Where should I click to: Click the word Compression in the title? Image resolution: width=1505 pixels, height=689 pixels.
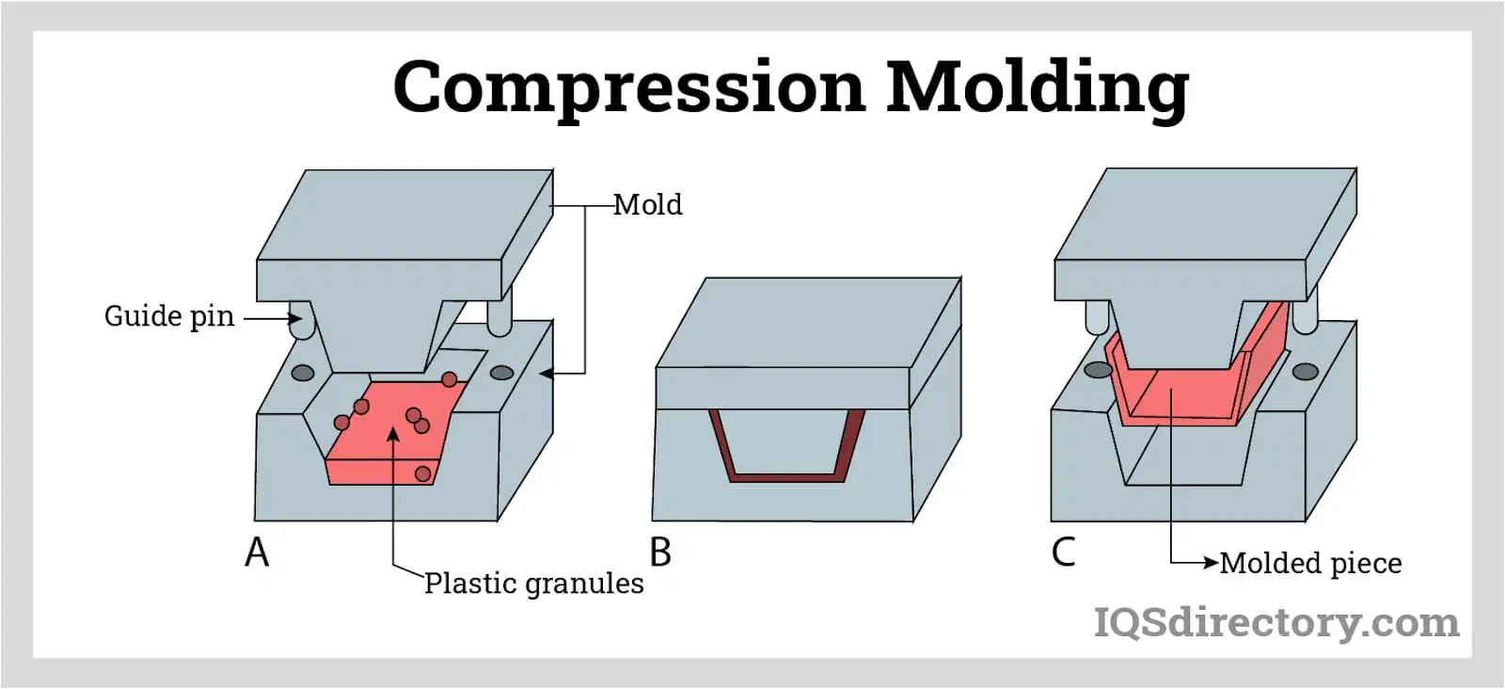[629, 88]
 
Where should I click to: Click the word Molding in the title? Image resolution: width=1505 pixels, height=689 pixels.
[1038, 88]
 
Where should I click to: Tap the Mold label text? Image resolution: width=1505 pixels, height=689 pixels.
[648, 204]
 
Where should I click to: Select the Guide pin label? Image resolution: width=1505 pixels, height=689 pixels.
[169, 316]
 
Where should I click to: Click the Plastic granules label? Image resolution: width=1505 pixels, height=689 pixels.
[534, 584]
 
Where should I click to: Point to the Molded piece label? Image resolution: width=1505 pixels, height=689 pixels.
[1311, 563]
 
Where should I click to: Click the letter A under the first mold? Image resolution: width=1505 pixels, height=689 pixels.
[257, 553]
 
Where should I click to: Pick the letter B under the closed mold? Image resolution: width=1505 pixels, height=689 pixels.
[660, 553]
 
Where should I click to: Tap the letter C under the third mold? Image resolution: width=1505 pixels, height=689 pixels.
[1064, 552]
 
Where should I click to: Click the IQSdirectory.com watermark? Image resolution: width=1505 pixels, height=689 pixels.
[1276, 622]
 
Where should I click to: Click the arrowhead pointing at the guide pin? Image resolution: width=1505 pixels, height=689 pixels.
[295, 318]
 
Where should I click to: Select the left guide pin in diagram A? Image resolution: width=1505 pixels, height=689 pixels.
[302, 319]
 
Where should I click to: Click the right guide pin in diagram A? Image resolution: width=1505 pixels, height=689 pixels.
[499, 312]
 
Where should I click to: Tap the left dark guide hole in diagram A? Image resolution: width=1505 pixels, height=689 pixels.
[303, 373]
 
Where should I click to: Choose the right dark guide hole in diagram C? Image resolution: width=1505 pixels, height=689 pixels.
[1306, 372]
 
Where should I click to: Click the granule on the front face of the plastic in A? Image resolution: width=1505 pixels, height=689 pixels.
[422, 473]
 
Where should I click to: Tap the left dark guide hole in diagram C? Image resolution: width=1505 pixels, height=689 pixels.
[1099, 370]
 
